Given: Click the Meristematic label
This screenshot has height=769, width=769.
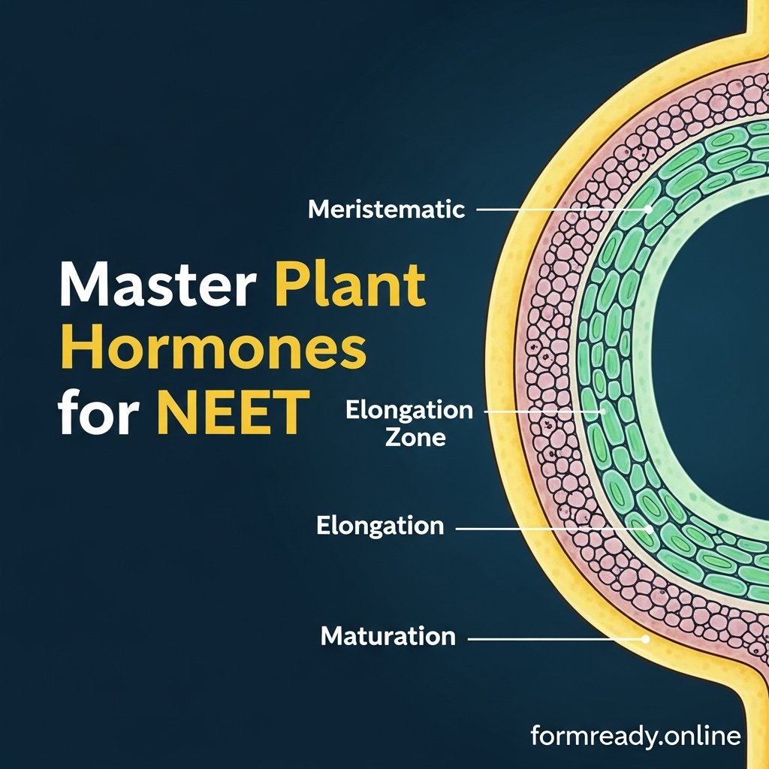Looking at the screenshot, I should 387,210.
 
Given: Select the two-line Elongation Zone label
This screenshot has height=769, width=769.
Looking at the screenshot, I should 409,423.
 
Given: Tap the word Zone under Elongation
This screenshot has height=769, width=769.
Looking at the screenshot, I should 415,437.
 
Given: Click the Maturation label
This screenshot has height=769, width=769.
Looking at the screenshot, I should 388,637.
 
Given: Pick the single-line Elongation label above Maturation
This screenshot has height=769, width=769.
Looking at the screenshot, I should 380,526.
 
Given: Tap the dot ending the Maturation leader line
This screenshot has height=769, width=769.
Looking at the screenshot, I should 644,639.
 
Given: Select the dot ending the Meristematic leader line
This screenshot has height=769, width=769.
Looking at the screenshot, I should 647,210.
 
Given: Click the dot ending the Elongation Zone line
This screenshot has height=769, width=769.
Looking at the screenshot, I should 602,412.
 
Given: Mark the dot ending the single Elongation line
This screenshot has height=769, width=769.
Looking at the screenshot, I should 649,529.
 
